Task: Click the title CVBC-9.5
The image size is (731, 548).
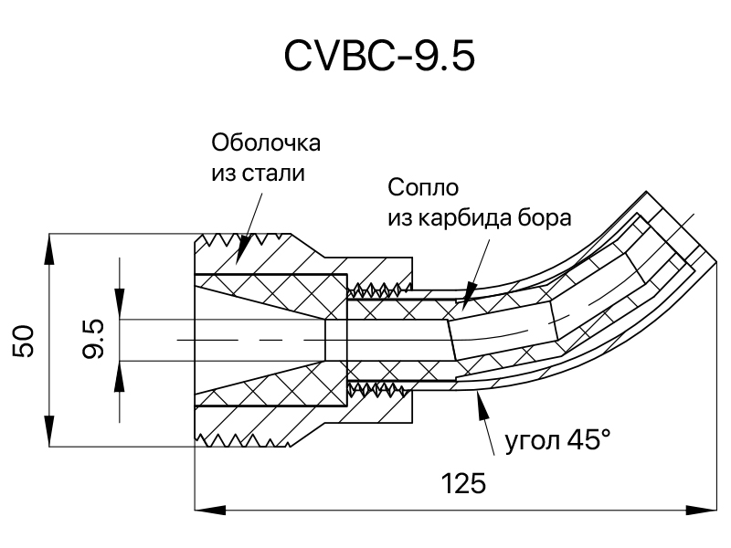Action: (x=379, y=56)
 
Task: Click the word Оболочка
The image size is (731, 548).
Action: (x=266, y=142)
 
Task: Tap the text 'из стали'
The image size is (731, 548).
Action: (x=259, y=174)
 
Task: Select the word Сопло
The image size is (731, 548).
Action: (x=423, y=188)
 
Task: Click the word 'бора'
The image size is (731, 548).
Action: (x=546, y=217)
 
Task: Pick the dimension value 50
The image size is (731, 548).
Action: (x=24, y=342)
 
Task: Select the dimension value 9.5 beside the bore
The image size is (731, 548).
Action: (x=93, y=339)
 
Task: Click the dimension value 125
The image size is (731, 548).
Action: (x=463, y=483)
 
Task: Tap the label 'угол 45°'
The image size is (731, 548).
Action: (x=558, y=440)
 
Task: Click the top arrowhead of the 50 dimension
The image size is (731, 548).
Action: (x=49, y=248)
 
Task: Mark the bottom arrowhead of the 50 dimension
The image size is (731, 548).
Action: (x=49, y=431)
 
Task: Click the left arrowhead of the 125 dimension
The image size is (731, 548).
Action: (x=210, y=510)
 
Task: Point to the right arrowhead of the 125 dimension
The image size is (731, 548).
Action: (x=701, y=510)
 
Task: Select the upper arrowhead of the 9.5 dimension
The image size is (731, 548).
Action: (x=120, y=304)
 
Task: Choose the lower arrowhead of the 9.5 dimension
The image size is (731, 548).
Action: (x=120, y=375)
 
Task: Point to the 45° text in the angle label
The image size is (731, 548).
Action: (x=588, y=439)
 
